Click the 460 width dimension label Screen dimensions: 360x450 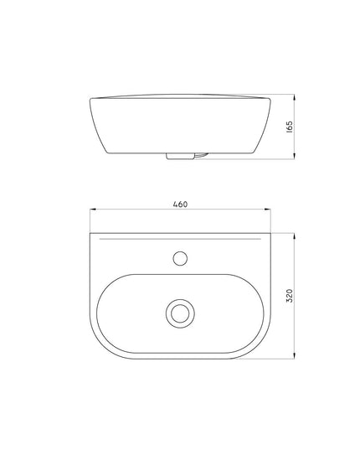tap(180, 204)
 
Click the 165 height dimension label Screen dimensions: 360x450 tap(290, 127)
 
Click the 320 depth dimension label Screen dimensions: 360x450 tap(290, 296)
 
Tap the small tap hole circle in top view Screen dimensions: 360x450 tap(180, 258)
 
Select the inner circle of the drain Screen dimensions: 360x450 tap(180, 313)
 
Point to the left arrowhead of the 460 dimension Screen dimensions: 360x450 tap(93, 209)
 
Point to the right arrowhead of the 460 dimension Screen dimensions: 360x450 tap(268, 209)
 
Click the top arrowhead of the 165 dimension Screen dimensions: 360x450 tap(294, 97)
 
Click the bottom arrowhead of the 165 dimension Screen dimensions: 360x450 tap(294, 156)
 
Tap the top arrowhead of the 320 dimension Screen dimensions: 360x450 tap(294, 237)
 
